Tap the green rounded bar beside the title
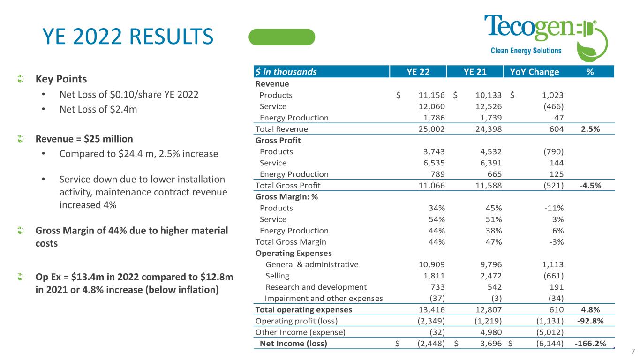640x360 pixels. pyautogui.click(x=281, y=37)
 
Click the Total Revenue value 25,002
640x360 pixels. pyautogui.click(x=431, y=129)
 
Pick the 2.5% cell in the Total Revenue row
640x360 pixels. pyautogui.click(x=591, y=129)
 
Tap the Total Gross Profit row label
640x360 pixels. pyautogui.click(x=288, y=185)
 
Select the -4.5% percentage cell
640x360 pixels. pyautogui.click(x=591, y=185)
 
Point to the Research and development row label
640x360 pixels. pyautogui.click(x=316, y=287)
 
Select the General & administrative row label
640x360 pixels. pyautogui.click(x=312, y=264)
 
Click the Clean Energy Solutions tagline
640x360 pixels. pyautogui.click(x=526, y=51)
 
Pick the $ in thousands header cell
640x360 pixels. pyautogui.click(x=286, y=72)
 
